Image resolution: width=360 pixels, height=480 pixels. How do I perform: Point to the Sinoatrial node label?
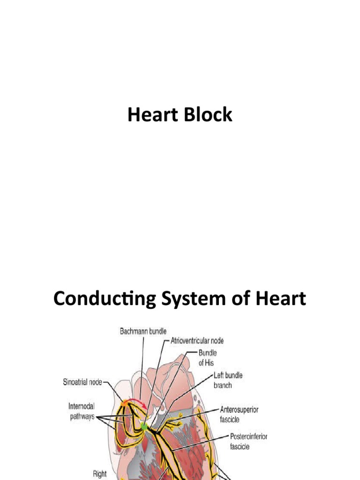point(83,382)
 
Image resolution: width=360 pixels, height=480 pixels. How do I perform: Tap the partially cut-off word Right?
point(99,474)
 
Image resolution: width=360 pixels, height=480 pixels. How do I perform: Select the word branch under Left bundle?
point(223,385)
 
